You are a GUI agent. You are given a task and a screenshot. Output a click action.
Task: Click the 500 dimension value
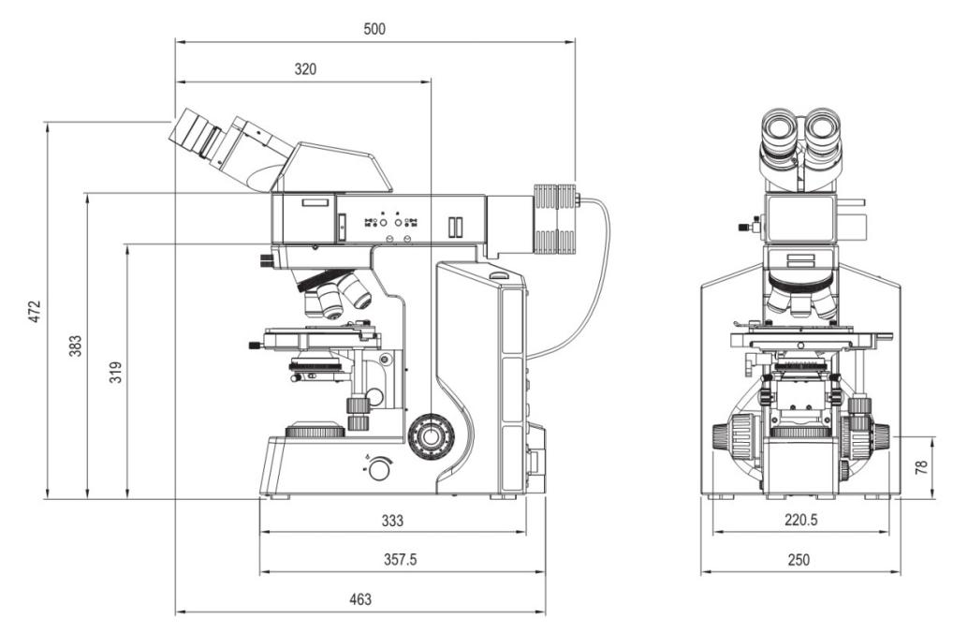(x=374, y=29)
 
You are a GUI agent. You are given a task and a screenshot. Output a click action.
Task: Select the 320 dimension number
(x=305, y=69)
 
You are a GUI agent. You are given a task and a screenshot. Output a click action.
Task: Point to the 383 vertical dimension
(x=75, y=346)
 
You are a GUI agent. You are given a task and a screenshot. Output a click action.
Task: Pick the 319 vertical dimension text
(x=116, y=372)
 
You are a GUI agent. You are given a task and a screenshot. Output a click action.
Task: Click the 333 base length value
(x=392, y=521)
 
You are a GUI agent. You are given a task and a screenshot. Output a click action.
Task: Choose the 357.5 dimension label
(x=401, y=559)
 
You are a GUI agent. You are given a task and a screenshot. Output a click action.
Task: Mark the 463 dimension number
(x=359, y=599)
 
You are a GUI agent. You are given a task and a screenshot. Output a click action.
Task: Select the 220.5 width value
(x=799, y=521)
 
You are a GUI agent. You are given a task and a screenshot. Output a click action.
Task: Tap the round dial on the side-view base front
(x=379, y=469)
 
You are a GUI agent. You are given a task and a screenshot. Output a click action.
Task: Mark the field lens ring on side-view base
(x=315, y=431)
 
